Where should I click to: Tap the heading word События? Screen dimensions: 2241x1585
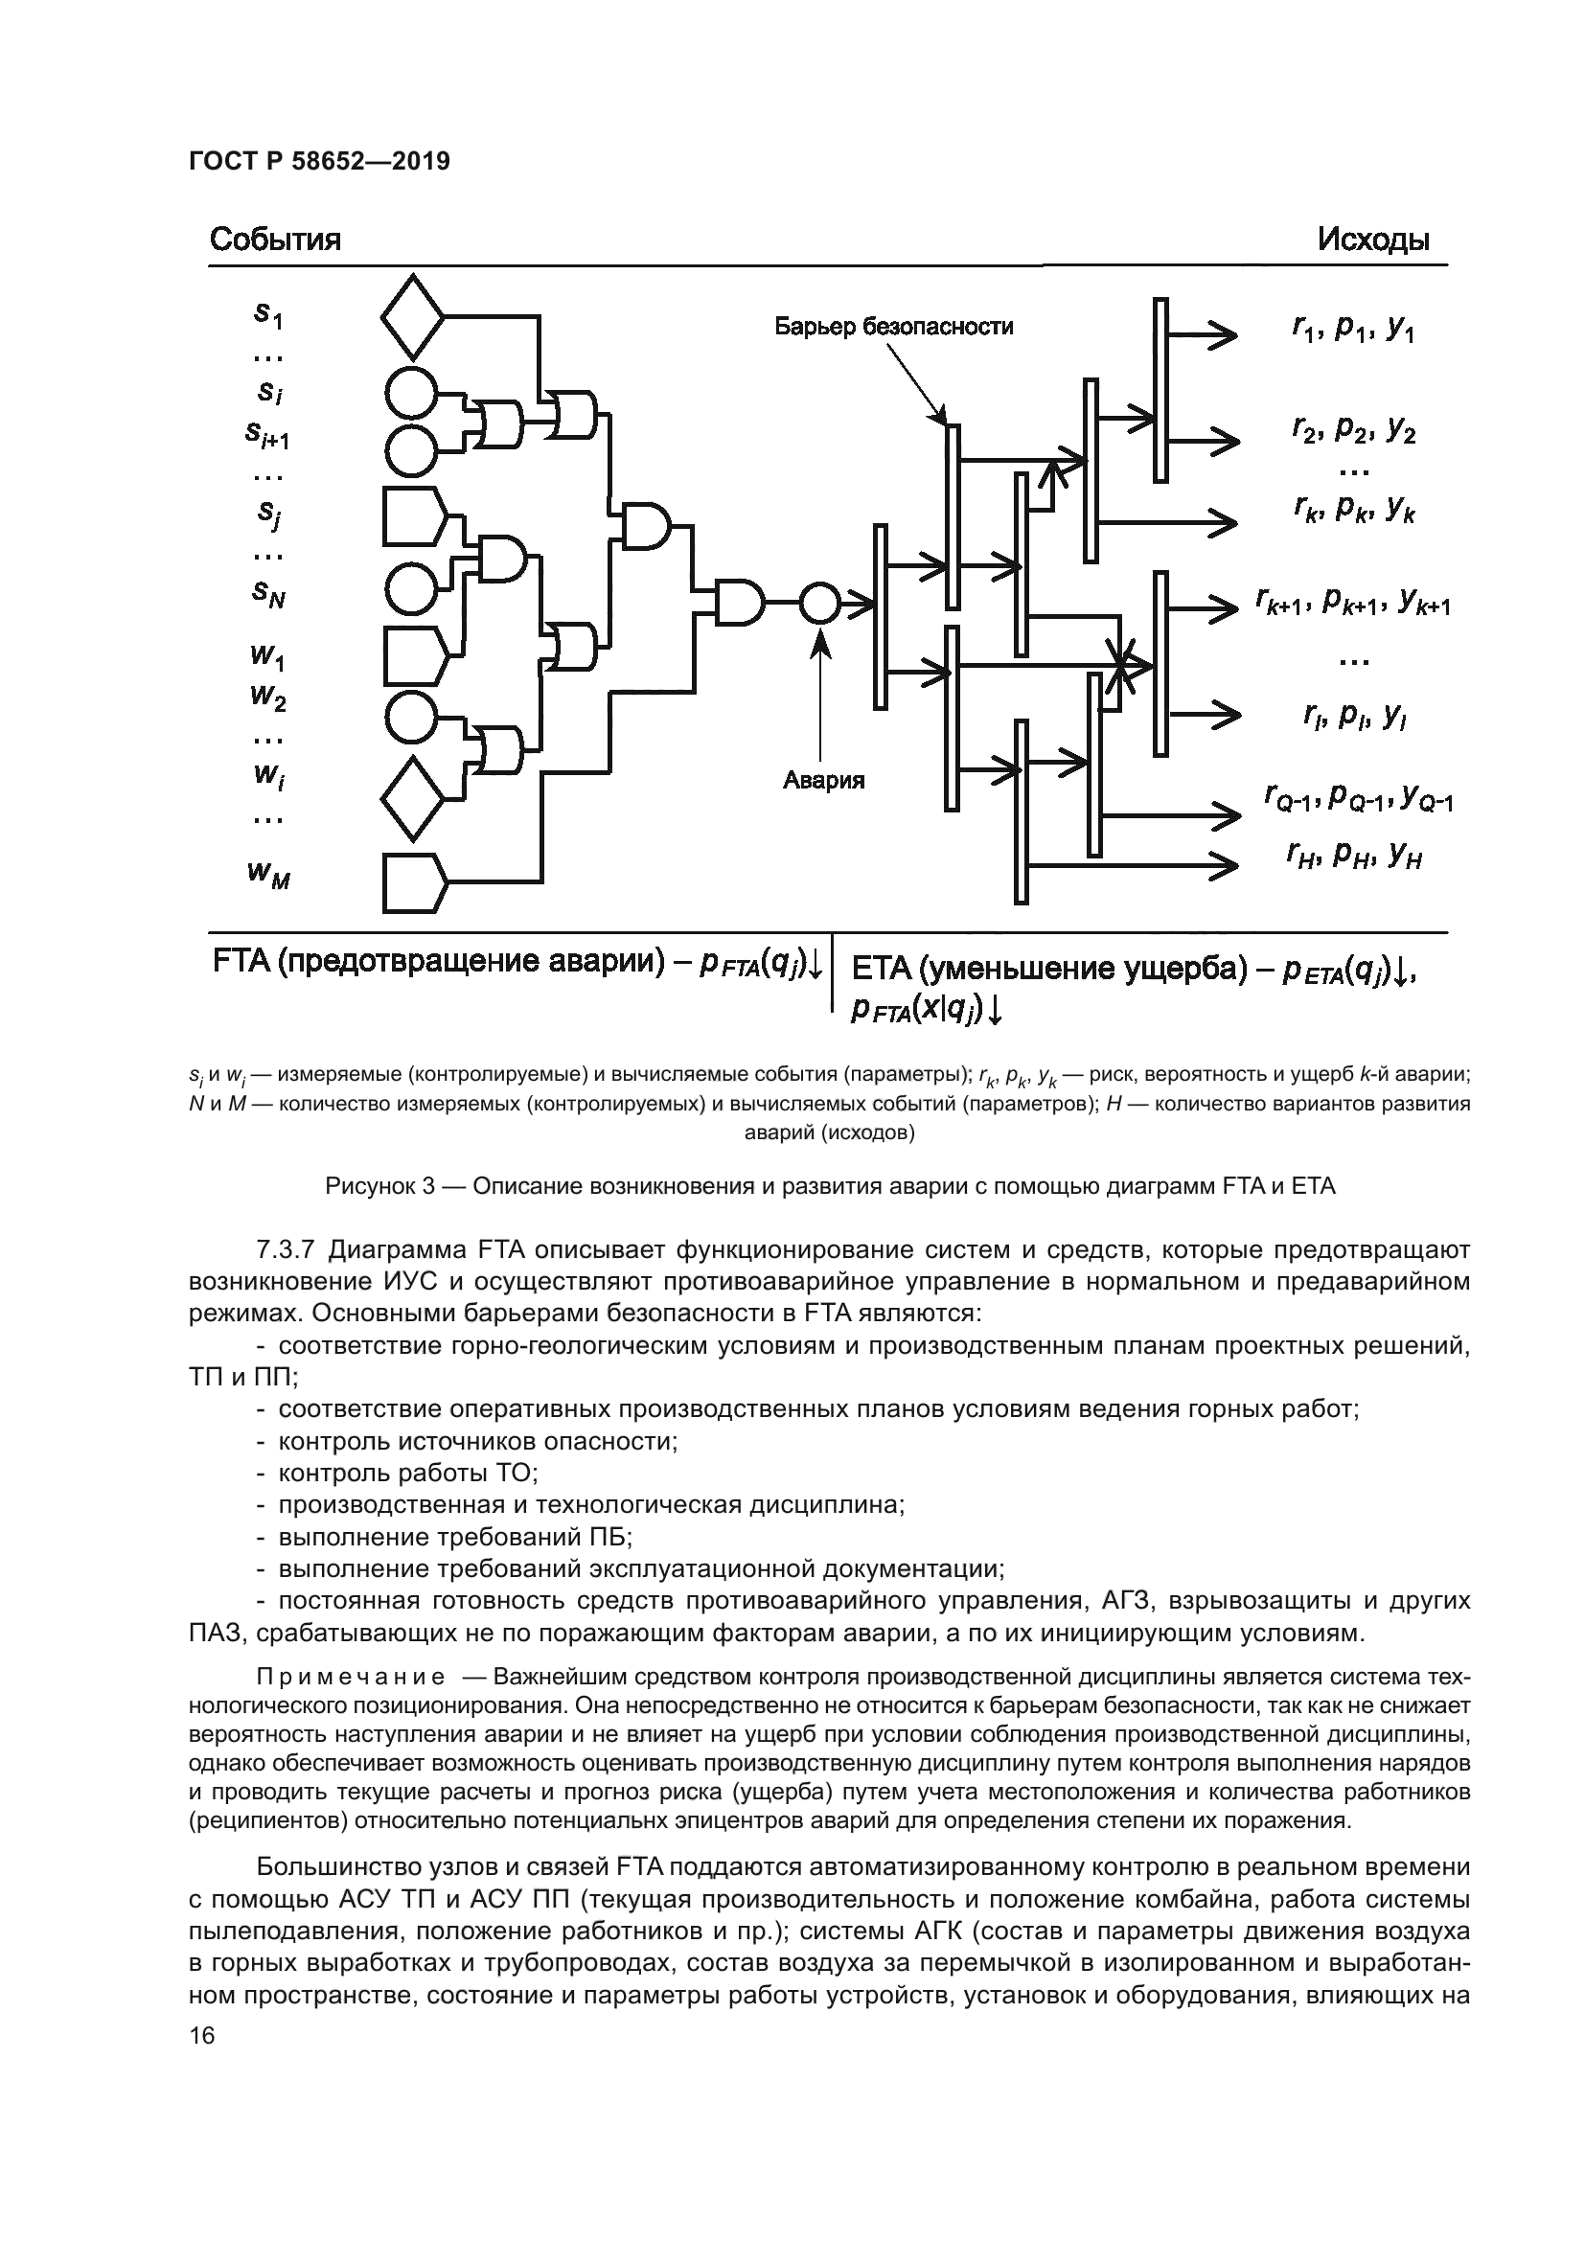[275, 240]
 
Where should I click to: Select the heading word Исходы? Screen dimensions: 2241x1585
[1374, 240]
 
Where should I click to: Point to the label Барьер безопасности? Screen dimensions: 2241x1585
[894, 327]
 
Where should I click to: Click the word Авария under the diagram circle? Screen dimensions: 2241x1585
[824, 781]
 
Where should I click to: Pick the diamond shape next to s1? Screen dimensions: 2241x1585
[412, 317]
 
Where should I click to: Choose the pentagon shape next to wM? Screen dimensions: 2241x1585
[413, 883]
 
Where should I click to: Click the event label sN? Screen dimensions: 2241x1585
[268, 593]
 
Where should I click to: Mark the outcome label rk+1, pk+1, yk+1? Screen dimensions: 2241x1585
[1354, 605]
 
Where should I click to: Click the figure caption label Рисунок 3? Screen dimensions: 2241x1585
[379, 1187]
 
